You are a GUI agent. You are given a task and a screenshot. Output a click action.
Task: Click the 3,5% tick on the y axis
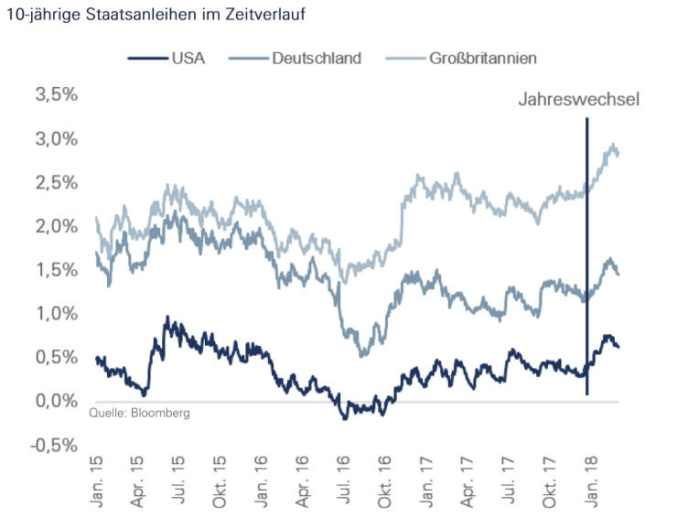point(56,95)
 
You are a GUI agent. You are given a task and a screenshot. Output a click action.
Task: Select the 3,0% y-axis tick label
point(56,139)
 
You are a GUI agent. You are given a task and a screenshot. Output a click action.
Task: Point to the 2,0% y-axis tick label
point(56,226)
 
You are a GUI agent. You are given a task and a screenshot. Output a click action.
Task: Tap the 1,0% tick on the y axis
point(56,314)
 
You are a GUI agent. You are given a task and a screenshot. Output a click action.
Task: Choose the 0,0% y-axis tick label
point(56,401)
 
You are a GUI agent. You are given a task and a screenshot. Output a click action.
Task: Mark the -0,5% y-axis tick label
point(54,445)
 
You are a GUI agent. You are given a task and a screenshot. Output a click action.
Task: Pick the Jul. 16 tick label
point(341,480)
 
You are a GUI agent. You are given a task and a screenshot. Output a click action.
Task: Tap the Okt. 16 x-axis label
point(383,480)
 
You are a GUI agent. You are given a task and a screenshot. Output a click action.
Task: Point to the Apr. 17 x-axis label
point(466,480)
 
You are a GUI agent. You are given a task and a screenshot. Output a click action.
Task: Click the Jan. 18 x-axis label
point(587,480)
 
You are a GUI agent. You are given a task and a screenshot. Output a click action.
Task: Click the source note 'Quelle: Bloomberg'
point(139,414)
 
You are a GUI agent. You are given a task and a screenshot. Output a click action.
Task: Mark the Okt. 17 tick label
point(547,480)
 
